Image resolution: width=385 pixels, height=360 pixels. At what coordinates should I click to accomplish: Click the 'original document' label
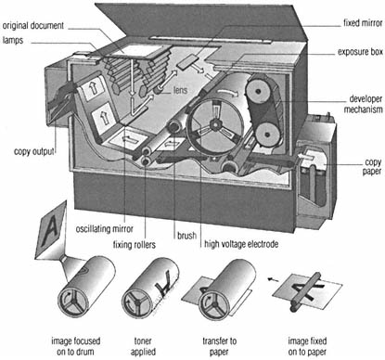33,25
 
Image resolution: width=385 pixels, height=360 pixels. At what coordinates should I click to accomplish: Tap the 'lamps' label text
13,40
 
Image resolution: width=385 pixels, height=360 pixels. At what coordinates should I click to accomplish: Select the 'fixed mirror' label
363,23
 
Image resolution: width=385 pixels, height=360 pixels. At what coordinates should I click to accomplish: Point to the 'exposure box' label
360,52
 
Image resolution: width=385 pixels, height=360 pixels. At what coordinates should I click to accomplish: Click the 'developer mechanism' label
363,104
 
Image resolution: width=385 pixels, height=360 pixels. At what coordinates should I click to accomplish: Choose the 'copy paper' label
372,167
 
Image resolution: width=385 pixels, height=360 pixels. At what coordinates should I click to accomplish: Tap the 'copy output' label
34,151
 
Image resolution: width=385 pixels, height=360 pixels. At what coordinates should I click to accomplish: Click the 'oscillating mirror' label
105,229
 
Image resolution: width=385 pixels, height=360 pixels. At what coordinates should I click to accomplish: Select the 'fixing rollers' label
135,245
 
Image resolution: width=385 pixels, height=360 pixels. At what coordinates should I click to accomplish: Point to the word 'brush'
186,236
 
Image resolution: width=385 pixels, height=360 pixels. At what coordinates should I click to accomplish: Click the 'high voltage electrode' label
241,244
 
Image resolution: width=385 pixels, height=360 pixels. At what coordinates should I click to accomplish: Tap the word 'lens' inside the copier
180,90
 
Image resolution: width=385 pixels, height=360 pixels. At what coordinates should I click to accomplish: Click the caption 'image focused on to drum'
76,346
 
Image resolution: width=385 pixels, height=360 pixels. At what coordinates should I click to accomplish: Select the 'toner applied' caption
143,346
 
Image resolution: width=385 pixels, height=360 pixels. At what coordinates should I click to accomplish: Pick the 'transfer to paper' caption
220,346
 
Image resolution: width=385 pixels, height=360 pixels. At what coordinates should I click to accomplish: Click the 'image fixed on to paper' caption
307,346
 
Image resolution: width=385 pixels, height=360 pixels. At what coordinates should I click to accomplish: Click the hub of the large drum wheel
214,124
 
